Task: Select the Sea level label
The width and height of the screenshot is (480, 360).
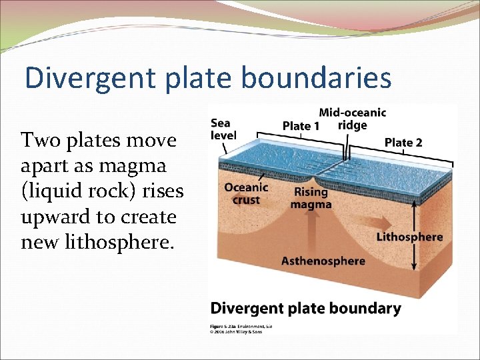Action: pyautogui.click(x=223, y=129)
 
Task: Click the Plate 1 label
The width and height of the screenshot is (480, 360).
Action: pyautogui.click(x=301, y=126)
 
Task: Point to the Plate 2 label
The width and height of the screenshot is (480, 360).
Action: pyautogui.click(x=403, y=142)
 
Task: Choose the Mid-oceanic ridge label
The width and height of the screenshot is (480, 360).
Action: pyautogui.click(x=352, y=119)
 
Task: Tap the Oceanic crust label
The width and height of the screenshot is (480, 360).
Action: pyautogui.click(x=246, y=193)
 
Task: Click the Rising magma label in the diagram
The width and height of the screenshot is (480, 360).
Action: pyautogui.click(x=311, y=198)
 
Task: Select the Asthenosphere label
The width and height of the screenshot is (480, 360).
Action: pyautogui.click(x=323, y=261)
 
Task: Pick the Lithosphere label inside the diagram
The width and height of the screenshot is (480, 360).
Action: pyautogui.click(x=409, y=237)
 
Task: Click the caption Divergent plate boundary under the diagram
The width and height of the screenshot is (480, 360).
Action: pyautogui.click(x=305, y=308)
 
